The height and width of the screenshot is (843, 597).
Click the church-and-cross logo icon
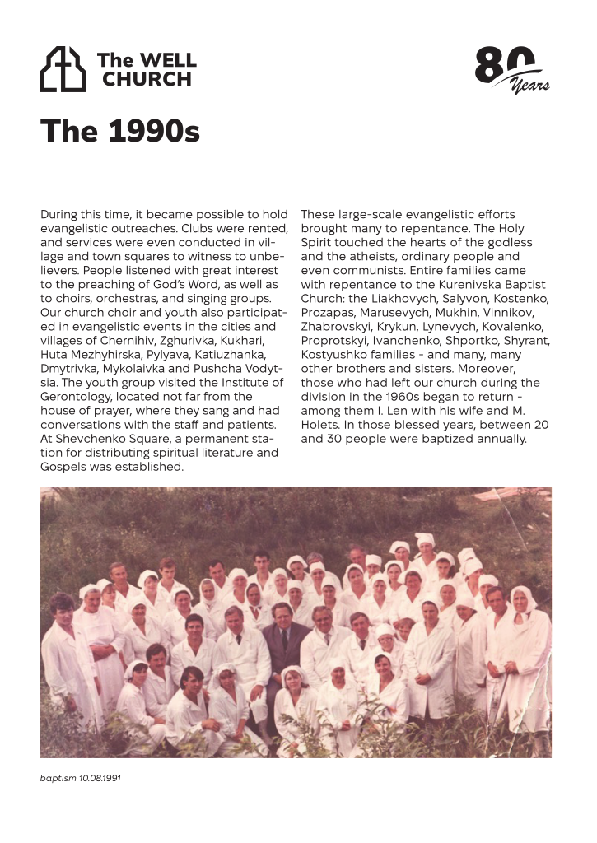pos(63,69)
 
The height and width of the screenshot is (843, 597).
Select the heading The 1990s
pos(120,131)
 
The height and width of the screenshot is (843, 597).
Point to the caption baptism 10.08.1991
pos(81,777)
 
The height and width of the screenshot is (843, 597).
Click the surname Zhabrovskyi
pos(338,326)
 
